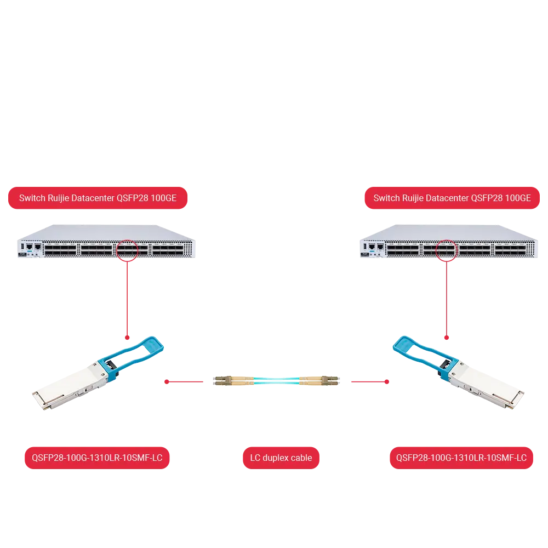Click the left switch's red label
[98, 198]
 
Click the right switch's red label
[452, 198]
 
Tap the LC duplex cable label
[281, 458]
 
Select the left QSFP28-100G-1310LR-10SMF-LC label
[97, 458]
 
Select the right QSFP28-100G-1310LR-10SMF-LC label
[461, 458]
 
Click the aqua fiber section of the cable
[276, 381]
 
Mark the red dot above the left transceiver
[127, 338]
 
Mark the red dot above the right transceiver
[447, 338]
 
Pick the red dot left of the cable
[167, 381]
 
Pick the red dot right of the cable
[387, 381]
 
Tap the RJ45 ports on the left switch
[33, 247]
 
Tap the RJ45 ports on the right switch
[376, 247]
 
